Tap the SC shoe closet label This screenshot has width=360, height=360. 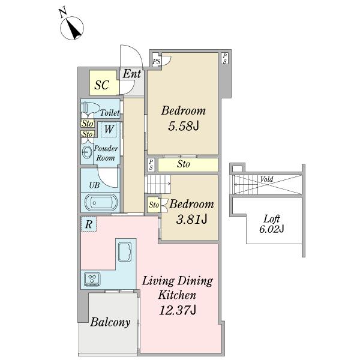tap(102, 85)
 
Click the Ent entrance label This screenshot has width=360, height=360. tap(132, 74)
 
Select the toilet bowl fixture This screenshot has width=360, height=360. tap(90, 107)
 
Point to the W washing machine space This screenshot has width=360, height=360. tap(109, 129)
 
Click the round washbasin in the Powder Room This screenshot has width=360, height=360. tap(87, 152)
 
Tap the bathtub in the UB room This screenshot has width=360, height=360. tap(101, 203)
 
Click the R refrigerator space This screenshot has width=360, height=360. tap(89, 224)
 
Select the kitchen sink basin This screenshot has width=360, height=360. tap(125, 252)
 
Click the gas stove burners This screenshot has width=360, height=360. tap(92, 279)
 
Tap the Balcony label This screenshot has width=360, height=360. tap(110, 322)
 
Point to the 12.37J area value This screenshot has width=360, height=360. tap(178, 310)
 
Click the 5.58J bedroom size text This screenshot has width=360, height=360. tap(184, 125)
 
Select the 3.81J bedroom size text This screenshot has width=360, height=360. tap(192, 219)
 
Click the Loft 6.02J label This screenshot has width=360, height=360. tap(272, 224)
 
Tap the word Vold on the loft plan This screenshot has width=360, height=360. tap(266, 179)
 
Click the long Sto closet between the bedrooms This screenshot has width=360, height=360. tap(188, 164)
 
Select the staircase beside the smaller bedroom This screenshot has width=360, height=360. tap(158, 184)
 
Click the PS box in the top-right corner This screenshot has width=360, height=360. tap(225, 58)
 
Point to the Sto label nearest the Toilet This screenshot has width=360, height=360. tap(88, 124)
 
